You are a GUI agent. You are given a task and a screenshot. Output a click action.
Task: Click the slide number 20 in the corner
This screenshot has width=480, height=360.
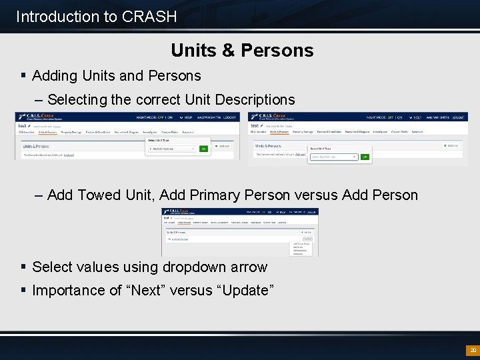(473, 350)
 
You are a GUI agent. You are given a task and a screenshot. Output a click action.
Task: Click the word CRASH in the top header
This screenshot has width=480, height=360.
(149, 16)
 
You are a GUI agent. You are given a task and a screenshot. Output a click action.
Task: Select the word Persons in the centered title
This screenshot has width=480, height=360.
(279, 51)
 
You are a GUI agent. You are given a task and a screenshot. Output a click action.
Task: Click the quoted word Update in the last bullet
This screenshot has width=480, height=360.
(251, 291)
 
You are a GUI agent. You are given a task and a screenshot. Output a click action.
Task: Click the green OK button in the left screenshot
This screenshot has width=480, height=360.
(204, 149)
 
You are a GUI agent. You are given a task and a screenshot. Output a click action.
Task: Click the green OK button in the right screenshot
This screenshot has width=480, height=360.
(365, 157)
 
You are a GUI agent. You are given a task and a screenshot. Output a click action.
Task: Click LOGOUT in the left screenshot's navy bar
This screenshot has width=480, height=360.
(229, 117)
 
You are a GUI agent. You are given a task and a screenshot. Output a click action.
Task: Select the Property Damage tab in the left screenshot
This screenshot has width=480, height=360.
(71, 132)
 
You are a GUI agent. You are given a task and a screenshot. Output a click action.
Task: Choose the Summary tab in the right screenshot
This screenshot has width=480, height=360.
(417, 132)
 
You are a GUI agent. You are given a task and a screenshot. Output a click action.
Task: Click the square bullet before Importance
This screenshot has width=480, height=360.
(23, 291)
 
